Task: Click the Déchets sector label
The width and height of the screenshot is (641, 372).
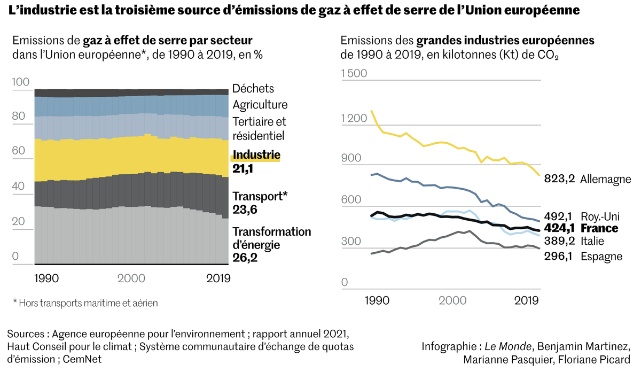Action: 253,89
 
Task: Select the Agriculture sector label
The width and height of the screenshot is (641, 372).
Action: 260,105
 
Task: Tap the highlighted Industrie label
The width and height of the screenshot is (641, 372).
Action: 256,156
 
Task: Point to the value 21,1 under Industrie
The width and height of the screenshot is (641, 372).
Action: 244,169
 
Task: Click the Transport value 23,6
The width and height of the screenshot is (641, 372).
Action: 245,210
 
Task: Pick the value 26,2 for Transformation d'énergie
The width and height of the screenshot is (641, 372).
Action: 245,258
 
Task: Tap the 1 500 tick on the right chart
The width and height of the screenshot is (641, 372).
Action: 354,73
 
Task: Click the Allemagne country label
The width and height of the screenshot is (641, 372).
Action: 605,179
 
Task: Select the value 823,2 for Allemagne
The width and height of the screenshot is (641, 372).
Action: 559,179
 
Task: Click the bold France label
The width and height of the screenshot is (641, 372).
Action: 599,229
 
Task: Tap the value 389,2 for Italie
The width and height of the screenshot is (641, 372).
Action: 559,241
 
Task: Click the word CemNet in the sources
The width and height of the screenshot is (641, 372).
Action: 82,359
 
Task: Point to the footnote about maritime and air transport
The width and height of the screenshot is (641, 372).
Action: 85,303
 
